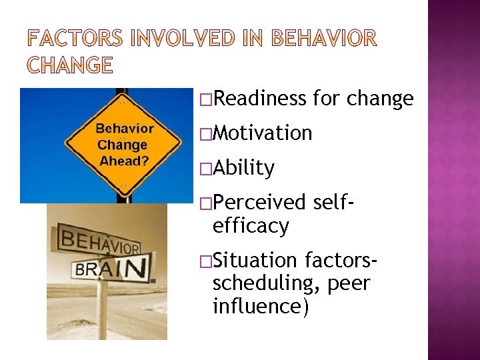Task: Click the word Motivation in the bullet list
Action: pyautogui.click(x=262, y=133)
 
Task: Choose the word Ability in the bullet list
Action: pyautogui.click(x=243, y=168)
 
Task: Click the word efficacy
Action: pyautogui.click(x=251, y=226)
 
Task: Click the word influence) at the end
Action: pyautogui.click(x=261, y=307)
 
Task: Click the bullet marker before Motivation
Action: pyautogui.click(x=205, y=134)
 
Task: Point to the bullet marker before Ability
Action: pyautogui.click(x=205, y=169)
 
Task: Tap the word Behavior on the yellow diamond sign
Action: pyautogui.click(x=125, y=128)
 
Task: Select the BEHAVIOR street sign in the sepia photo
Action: pyautogui.click(x=99, y=241)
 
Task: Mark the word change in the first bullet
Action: pyautogui.click(x=381, y=99)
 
